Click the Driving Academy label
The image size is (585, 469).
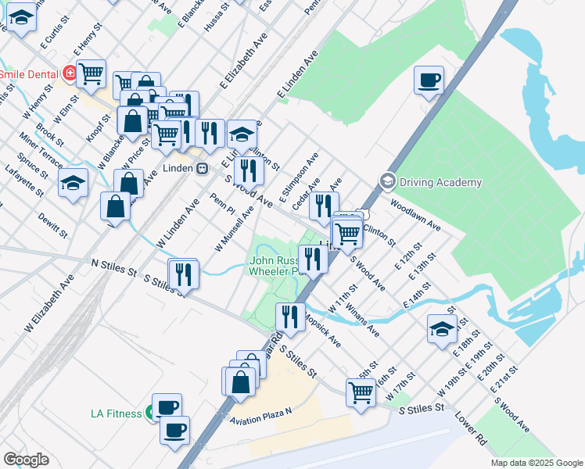pos(441,183)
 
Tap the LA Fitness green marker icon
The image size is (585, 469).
pos(149,414)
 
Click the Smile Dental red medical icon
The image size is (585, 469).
pos(70,74)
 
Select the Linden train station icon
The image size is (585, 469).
pos(202,168)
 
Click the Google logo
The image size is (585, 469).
pos(26,460)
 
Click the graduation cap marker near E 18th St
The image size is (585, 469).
pos(442,328)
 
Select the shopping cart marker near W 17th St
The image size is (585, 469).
pos(361,392)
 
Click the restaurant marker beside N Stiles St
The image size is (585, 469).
pos(183,273)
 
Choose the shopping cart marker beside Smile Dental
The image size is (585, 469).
pos(92,73)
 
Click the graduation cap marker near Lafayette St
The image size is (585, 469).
pos(73,184)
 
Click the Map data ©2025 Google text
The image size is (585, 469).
pos(536,463)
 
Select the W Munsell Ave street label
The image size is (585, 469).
pos(235,227)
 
